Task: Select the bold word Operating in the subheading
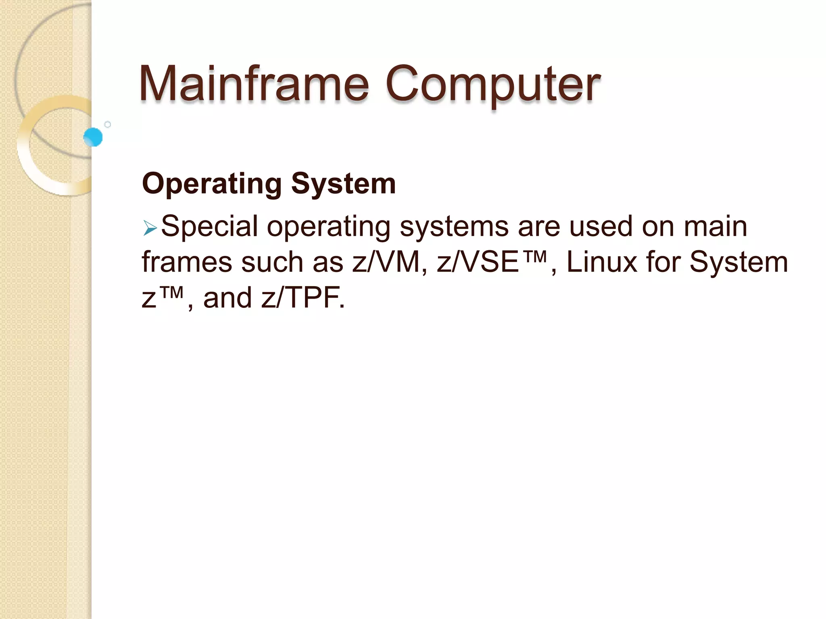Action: [x=212, y=184]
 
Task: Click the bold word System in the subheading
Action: [x=343, y=184]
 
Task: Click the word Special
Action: [x=209, y=226]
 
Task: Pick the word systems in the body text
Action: [x=454, y=226]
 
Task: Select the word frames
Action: [x=187, y=262]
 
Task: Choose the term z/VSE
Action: [x=478, y=262]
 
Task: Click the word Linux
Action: [x=601, y=262]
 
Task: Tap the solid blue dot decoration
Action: [x=93, y=137]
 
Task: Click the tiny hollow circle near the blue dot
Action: [x=108, y=125]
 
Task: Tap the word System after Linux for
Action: [x=738, y=262]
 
